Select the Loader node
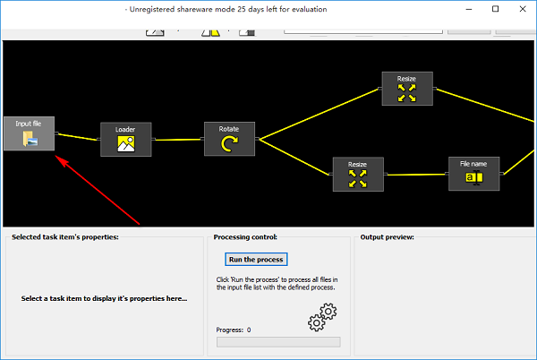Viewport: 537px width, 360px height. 125,139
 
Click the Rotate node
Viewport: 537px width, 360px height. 229,139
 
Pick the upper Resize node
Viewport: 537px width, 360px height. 406,89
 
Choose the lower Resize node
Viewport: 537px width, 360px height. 358,175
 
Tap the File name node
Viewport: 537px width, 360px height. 473,174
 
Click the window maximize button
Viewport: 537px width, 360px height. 495,9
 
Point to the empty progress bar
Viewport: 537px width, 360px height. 278,341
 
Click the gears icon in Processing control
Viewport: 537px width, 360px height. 320,315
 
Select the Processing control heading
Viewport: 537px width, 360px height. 245,237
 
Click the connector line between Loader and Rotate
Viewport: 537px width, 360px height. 178,139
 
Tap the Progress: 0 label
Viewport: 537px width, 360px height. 234,330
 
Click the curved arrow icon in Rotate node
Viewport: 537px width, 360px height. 229,143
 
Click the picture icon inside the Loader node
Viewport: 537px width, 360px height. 125,143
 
